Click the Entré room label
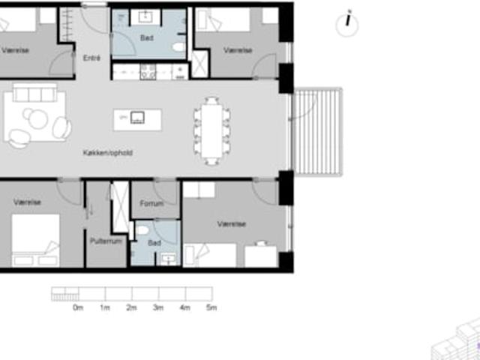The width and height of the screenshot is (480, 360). point(91,58)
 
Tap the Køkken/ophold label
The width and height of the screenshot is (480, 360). point(108,152)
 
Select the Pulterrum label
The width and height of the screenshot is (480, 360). point(106,241)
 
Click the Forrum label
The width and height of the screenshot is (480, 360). point(151,203)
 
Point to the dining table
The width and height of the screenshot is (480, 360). point(211,130)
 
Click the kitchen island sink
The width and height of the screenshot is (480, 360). point(137,118)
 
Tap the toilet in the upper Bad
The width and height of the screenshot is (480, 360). point(178,46)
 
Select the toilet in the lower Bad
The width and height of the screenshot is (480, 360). point(142,230)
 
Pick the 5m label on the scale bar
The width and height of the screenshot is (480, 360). point(211,307)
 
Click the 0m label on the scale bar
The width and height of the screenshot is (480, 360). point(78,307)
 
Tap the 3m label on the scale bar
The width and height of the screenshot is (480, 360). point(158,307)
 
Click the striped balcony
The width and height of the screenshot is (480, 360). point(317,132)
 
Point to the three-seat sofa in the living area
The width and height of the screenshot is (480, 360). point(35,93)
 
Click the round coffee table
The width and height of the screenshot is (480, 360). point(38,119)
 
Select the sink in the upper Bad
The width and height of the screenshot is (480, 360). point(145,17)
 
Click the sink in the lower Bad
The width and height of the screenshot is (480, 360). point(169,259)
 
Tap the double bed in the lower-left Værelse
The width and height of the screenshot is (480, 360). point(35,240)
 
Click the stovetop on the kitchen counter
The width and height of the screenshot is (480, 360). point(148,72)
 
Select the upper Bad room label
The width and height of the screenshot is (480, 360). point(147,38)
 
